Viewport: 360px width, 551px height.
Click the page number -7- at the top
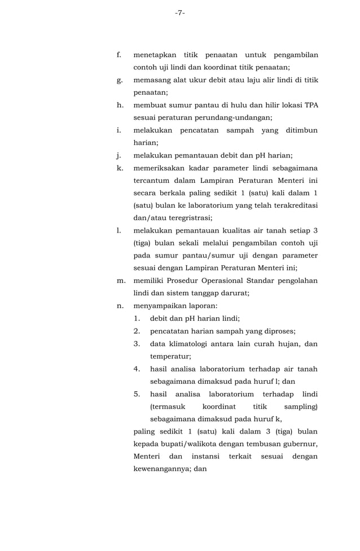pyautogui.click(x=179, y=13)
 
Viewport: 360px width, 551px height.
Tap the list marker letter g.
pyautogui.click(x=119, y=80)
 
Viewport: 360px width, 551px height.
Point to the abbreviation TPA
pyautogui.click(x=311, y=105)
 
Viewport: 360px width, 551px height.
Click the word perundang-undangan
pyautogui.click(x=237, y=117)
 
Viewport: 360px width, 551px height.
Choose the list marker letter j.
pyautogui.click(x=119, y=155)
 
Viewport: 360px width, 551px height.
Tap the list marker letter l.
pyautogui.click(x=118, y=230)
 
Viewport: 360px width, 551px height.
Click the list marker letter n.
pyautogui.click(x=120, y=305)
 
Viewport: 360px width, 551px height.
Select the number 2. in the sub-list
pyautogui.click(x=137, y=331)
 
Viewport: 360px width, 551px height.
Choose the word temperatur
pyautogui.click(x=170, y=356)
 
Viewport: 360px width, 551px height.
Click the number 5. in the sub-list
pyautogui.click(x=137, y=393)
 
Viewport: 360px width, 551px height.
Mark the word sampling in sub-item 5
pyautogui.click(x=301, y=406)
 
